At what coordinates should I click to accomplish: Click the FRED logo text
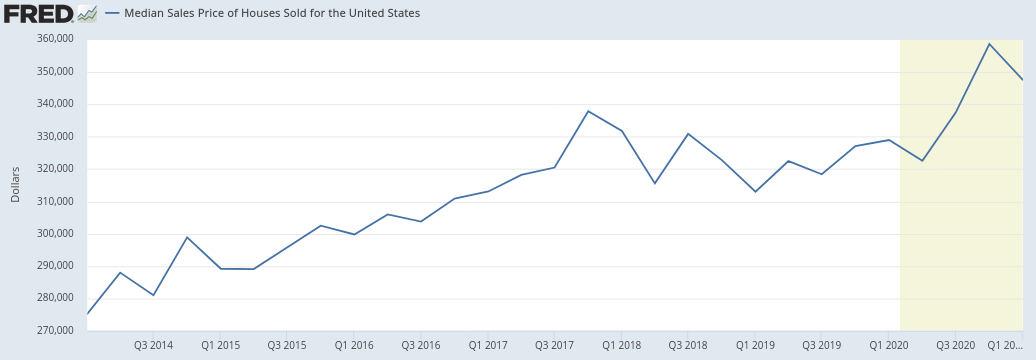coord(38,13)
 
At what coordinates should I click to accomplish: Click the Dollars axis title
coord(15,184)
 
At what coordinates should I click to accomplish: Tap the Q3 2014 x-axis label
coord(153,345)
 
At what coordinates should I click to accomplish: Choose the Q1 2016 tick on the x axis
coord(354,345)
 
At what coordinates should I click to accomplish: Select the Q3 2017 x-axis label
coord(554,345)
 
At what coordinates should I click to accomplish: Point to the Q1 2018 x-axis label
coord(621,345)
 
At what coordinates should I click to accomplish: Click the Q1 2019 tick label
coord(755,345)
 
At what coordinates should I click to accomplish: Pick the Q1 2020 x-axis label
coord(888,345)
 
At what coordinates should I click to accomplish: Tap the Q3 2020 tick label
coord(955,345)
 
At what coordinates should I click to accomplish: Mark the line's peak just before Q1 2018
coord(588,111)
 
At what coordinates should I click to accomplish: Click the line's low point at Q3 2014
coord(153,295)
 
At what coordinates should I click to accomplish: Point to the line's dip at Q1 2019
coord(755,192)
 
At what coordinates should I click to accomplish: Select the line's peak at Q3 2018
coord(688,134)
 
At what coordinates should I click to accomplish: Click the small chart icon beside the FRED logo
coord(88,13)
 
